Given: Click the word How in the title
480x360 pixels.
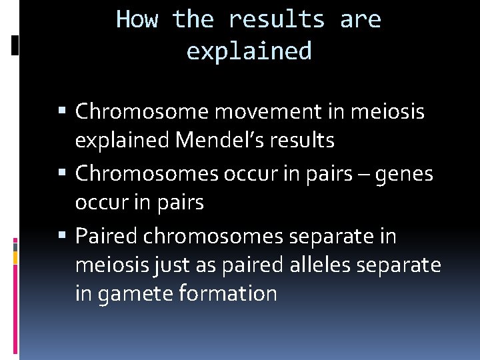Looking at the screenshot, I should coord(137,19).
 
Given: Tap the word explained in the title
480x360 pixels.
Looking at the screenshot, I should coord(249,51).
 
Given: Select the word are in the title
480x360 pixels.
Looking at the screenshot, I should coord(360,19).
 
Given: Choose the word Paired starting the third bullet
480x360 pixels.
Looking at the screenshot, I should coord(106,236).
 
